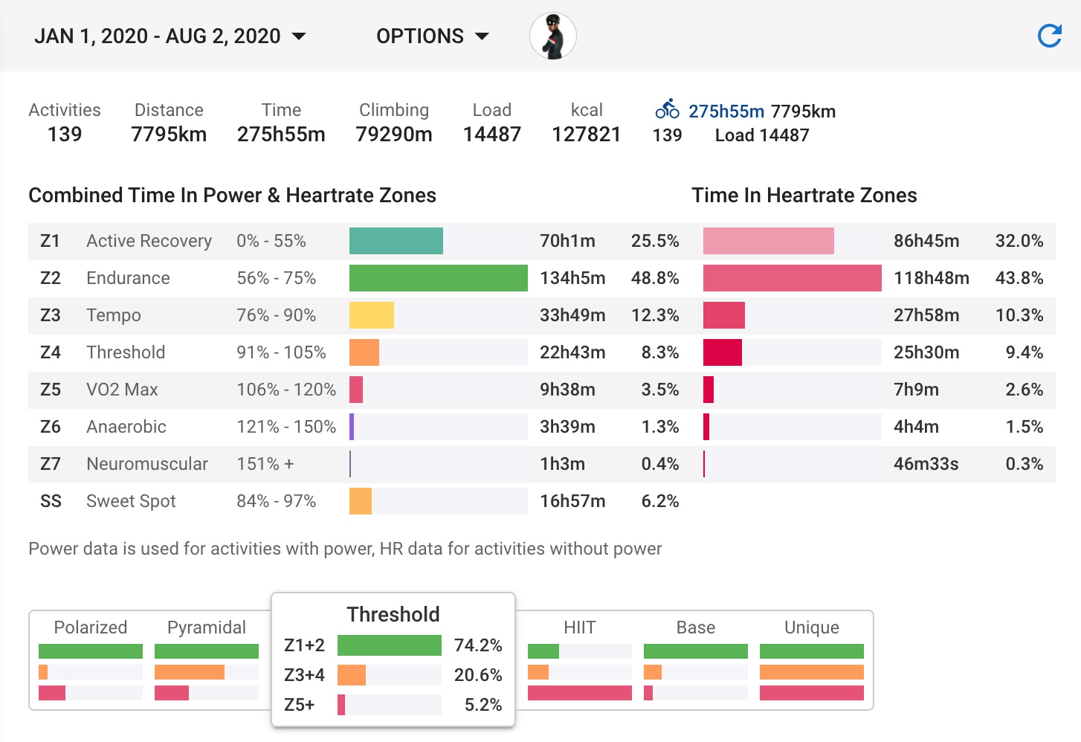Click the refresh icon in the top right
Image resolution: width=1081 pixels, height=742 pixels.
pyautogui.click(x=1049, y=36)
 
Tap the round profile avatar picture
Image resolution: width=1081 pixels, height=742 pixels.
pyautogui.click(x=553, y=36)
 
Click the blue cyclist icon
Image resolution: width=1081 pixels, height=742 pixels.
pyautogui.click(x=667, y=109)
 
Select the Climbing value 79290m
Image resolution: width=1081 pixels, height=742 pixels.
pyautogui.click(x=394, y=135)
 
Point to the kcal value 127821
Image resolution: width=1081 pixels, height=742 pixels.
pyautogui.click(x=586, y=135)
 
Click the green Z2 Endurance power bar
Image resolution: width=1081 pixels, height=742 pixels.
pyautogui.click(x=438, y=278)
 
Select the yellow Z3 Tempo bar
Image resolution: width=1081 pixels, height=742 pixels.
pyautogui.click(x=371, y=315)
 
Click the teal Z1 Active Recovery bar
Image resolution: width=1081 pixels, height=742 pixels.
pyautogui.click(x=396, y=241)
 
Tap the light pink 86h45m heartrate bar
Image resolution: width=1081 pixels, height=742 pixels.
pyautogui.click(x=768, y=241)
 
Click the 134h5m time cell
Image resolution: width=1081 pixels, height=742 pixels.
pyautogui.click(x=572, y=278)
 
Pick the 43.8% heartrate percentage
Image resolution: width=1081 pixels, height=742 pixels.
pyautogui.click(x=1019, y=278)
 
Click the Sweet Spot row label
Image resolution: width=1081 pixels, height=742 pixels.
pyautogui.click(x=131, y=501)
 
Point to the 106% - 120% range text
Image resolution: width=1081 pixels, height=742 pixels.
pyautogui.click(x=286, y=390)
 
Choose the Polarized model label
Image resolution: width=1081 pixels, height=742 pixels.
pyautogui.click(x=91, y=627)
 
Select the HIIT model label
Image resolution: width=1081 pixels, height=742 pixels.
pyautogui.click(x=580, y=627)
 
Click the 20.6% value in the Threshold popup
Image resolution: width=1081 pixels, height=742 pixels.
pyautogui.click(x=478, y=675)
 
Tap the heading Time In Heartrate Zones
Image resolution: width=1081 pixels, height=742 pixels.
pyautogui.click(x=804, y=195)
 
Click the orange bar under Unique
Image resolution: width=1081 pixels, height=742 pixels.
pyautogui.click(x=811, y=672)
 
